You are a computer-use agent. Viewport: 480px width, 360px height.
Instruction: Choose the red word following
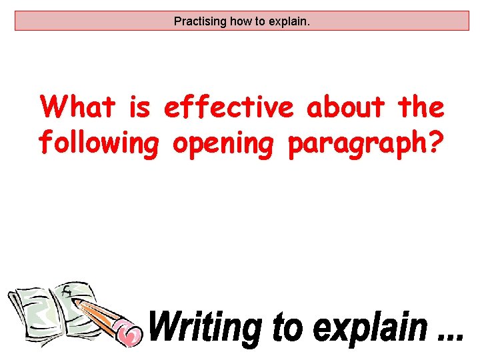point(99,142)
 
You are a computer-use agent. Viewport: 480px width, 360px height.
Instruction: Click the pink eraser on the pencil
point(127,331)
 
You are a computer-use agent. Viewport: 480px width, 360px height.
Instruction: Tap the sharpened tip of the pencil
point(75,301)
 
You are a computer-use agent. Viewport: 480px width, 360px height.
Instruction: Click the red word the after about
point(420,107)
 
